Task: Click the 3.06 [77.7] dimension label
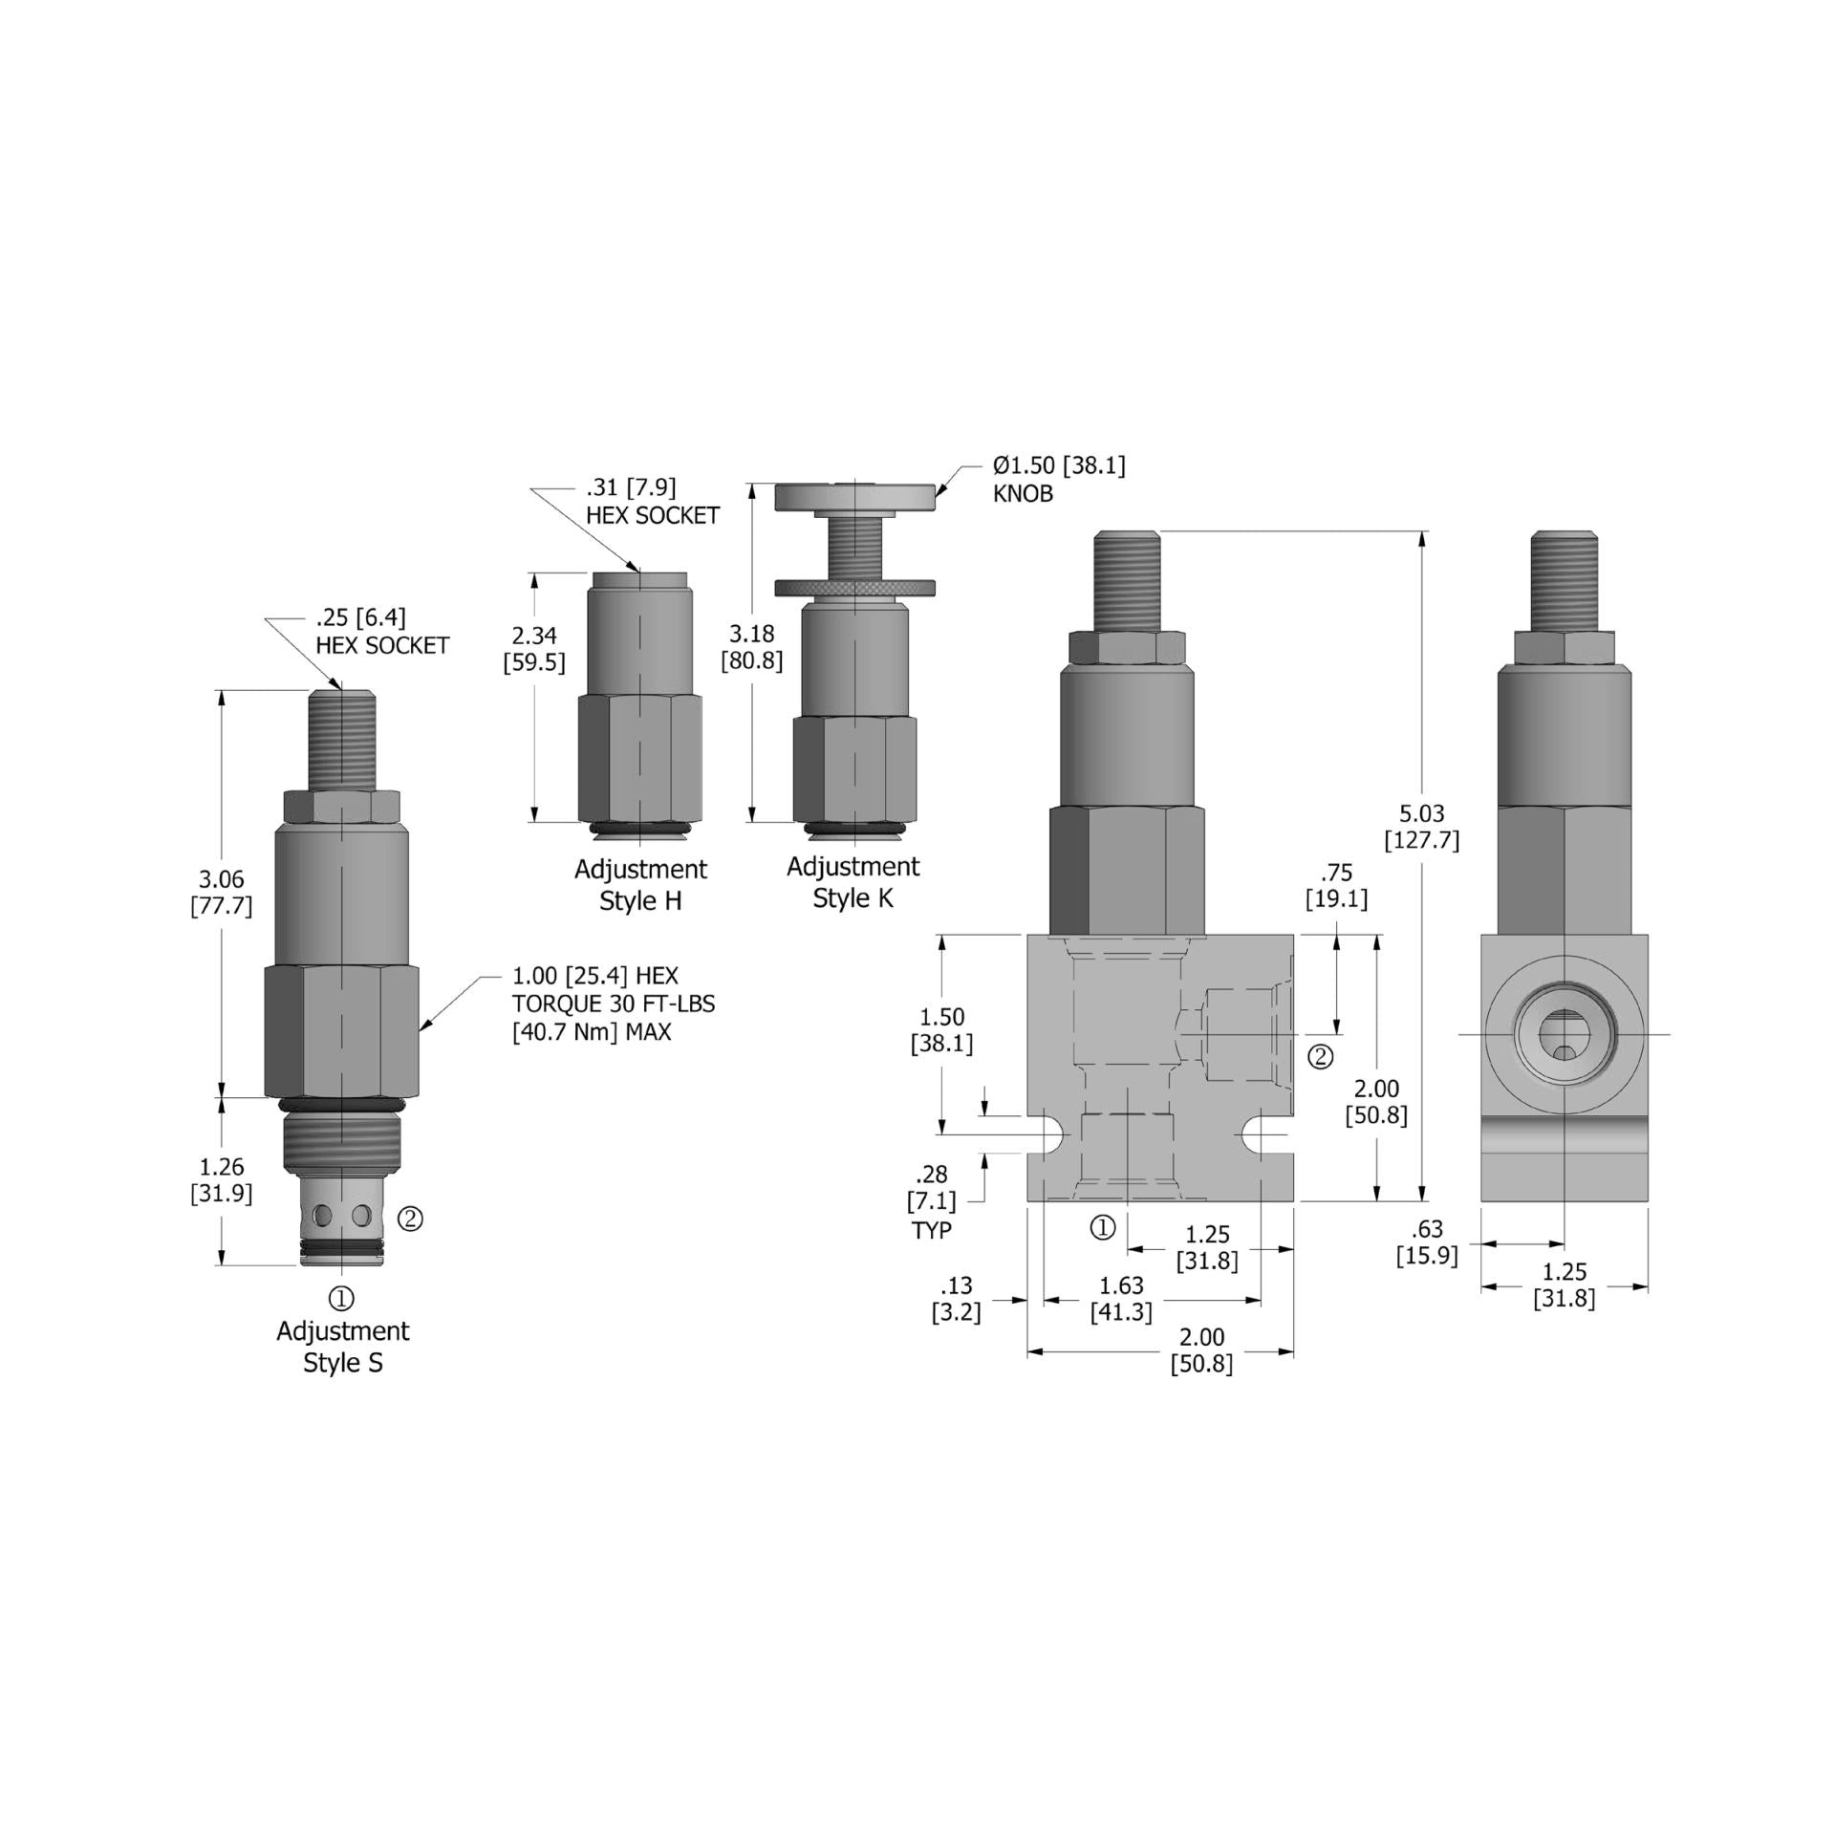[x=221, y=892]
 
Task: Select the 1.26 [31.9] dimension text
[x=221, y=1179]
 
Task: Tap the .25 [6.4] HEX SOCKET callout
[x=381, y=632]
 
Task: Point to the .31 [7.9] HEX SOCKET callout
[x=652, y=501]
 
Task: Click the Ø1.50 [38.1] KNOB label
[x=1058, y=479]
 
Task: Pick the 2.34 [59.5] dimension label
[x=534, y=648]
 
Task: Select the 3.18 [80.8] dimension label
[x=751, y=647]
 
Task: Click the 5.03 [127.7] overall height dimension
[x=1421, y=826]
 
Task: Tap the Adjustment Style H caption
[x=640, y=885]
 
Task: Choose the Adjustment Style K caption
[x=853, y=882]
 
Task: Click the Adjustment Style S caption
[x=342, y=1346]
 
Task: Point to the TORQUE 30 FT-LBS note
[x=613, y=1004]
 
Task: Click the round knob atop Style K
[x=853, y=497]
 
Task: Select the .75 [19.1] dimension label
[x=1336, y=885]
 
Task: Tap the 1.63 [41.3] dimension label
[x=1121, y=1298]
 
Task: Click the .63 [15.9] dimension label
[x=1426, y=1241]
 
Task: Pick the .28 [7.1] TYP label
[x=931, y=1201]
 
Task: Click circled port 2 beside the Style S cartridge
[x=410, y=1219]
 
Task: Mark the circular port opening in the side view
[x=1564, y=1034]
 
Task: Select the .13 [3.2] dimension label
[x=956, y=1298]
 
